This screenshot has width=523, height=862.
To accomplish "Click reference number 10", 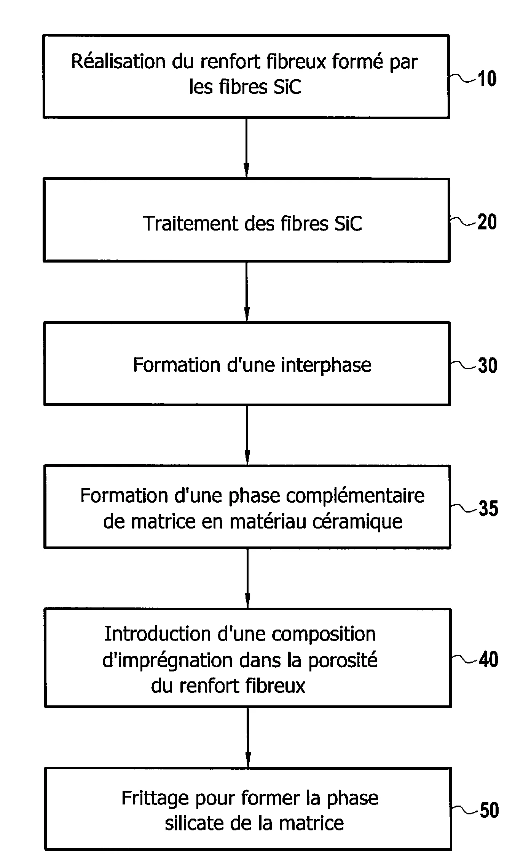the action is coord(486,79).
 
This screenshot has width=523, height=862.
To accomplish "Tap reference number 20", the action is coord(487,222).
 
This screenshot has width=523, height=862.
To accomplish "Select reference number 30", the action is coord(487,365).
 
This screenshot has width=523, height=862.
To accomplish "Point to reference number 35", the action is coord(488,508).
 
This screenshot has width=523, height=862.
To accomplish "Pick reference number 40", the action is coord(488,659).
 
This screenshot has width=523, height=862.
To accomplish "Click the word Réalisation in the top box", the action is coord(119,62).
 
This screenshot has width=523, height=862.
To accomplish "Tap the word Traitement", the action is coord(190,223).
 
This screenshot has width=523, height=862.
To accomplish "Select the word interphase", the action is coord(326,365).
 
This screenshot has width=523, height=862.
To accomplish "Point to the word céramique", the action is coord(357,521).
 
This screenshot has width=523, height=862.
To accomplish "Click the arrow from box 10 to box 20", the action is coord(246,148).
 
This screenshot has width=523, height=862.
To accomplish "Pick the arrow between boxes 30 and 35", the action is coord(247,435).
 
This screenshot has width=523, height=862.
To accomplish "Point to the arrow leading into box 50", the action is coord(248,737).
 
